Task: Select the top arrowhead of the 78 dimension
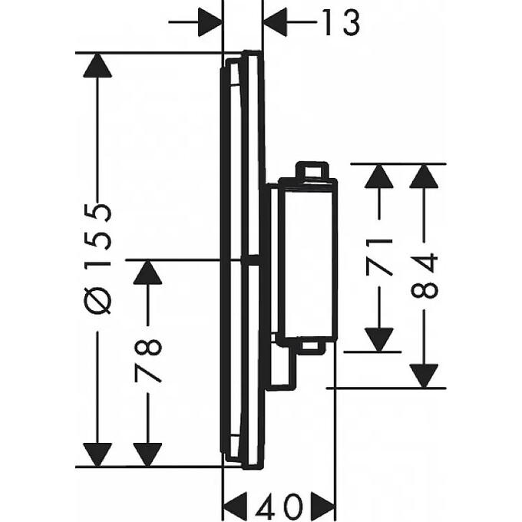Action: [x=147, y=273]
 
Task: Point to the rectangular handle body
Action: [x=306, y=259]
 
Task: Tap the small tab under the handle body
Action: [x=310, y=348]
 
